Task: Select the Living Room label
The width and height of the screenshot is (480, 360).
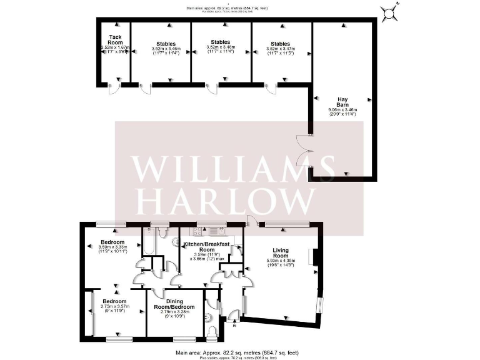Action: click(x=281, y=252)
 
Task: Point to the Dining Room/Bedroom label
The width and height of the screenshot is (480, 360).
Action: click(x=174, y=304)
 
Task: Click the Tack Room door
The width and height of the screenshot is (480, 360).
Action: click(x=114, y=88)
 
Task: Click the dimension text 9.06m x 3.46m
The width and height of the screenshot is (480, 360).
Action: click(x=342, y=110)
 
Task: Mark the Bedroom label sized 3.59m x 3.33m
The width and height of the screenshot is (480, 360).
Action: click(x=114, y=242)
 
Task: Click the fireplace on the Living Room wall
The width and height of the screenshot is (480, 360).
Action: click(x=316, y=257)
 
